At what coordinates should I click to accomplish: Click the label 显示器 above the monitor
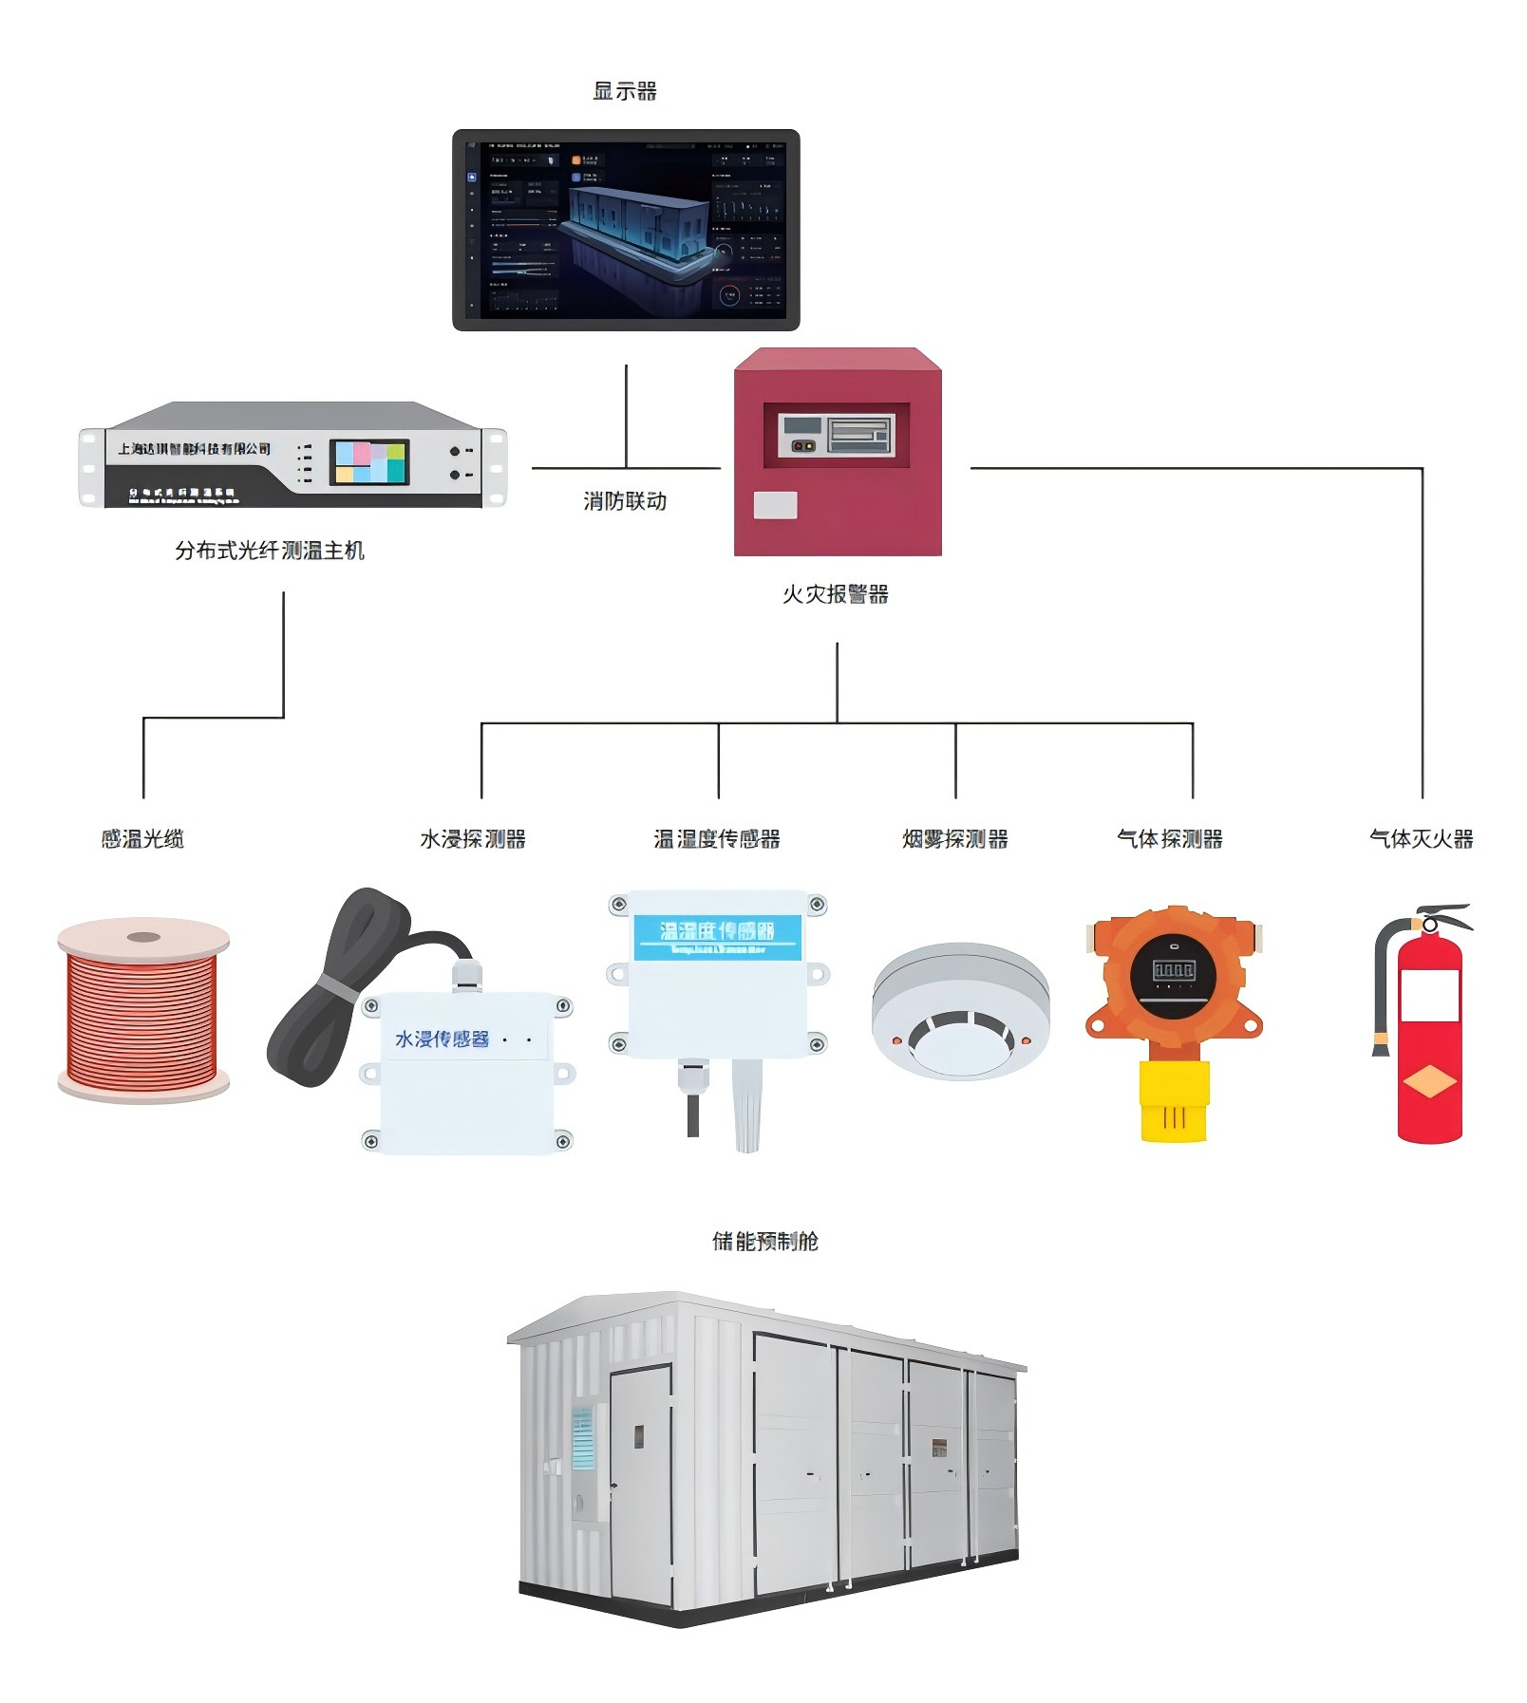[624, 91]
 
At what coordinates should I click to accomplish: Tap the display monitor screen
[626, 231]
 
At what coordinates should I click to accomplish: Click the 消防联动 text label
[625, 501]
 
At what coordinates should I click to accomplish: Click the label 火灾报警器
[836, 594]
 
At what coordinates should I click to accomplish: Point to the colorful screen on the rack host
[369, 462]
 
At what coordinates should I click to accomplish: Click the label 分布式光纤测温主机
[270, 551]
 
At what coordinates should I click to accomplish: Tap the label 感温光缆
[142, 839]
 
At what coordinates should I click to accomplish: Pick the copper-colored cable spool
[142, 1012]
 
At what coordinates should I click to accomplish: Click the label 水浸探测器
[473, 839]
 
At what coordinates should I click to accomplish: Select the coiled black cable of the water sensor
[332, 987]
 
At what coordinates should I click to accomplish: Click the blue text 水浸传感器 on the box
[442, 1039]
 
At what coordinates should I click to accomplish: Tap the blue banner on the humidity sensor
[717, 936]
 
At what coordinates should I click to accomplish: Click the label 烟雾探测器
[954, 839]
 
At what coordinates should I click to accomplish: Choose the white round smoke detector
[961, 1012]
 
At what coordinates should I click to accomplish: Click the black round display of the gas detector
[1174, 975]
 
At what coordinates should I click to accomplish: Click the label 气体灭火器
[1421, 839]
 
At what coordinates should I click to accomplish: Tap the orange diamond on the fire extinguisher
[1429, 1081]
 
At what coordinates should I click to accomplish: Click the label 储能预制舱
[764, 1241]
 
